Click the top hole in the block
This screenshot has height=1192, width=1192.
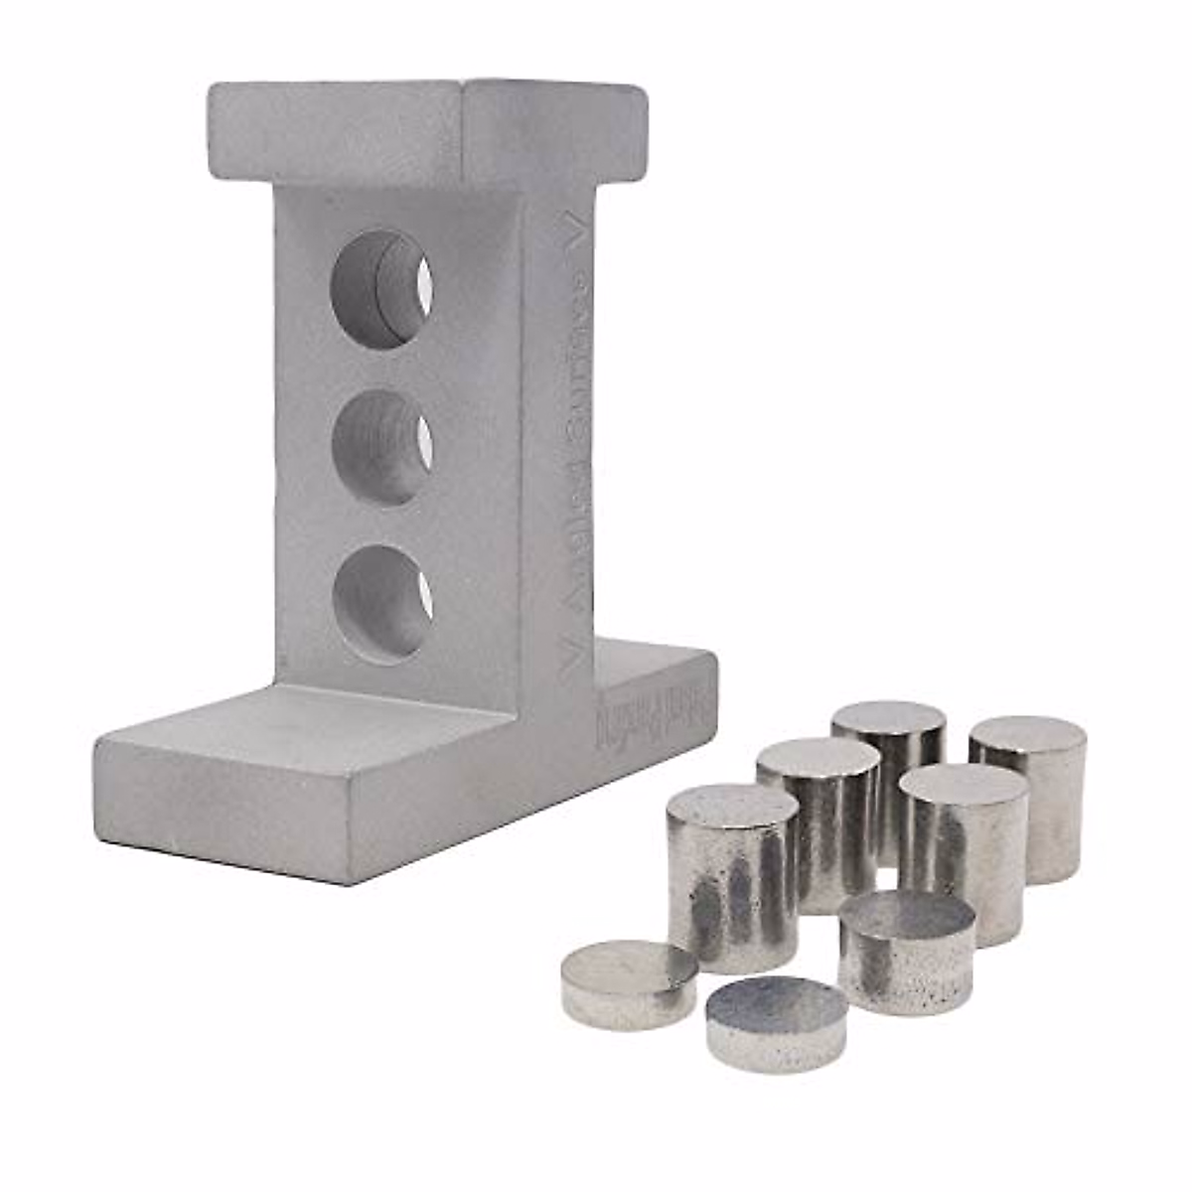click(379, 289)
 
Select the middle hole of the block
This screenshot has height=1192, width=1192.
click(380, 448)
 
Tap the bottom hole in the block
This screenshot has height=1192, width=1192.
click(381, 603)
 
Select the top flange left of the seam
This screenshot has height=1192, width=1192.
click(333, 129)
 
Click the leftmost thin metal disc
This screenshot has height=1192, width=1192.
click(628, 983)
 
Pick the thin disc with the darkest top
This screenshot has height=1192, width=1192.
click(776, 1023)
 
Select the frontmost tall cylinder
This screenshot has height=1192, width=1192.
click(732, 874)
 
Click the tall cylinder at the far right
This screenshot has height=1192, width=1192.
click(1029, 795)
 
